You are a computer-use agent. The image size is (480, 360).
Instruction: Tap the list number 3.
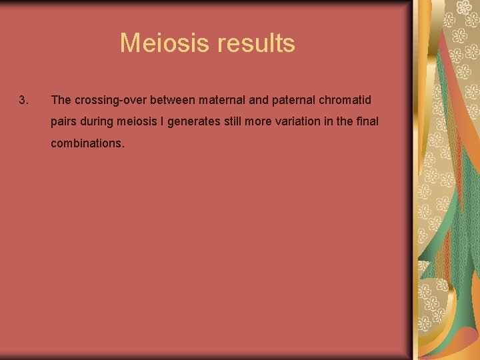23,100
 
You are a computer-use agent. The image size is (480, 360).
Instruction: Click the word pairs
64,121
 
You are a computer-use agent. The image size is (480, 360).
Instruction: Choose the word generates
195,121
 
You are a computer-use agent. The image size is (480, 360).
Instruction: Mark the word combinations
87,143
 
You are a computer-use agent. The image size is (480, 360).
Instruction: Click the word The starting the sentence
61,100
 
